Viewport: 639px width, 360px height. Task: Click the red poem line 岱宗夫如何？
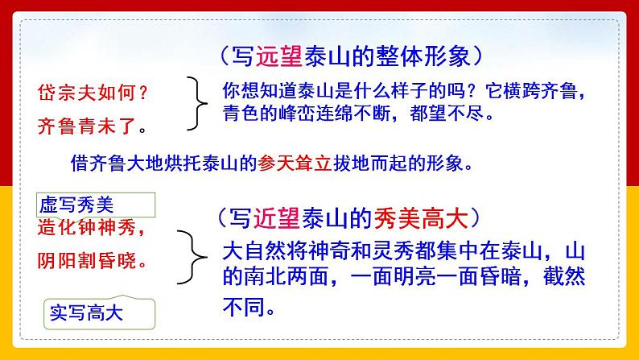coord(93,92)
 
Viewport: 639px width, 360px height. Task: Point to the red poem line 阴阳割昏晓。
coord(93,259)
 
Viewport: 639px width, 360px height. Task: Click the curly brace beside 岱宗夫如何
coord(196,103)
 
